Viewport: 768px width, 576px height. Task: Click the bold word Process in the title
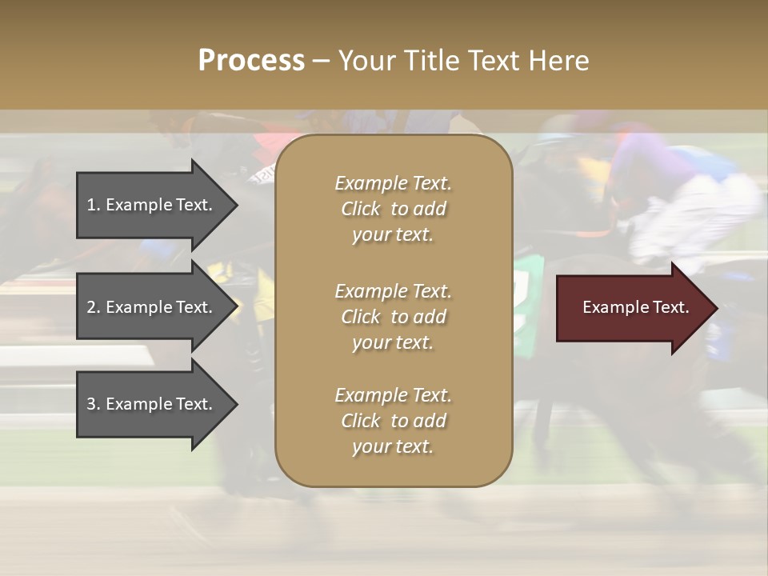(x=251, y=61)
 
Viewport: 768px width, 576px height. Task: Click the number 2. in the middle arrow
(x=93, y=307)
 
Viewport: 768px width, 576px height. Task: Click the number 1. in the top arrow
(x=93, y=205)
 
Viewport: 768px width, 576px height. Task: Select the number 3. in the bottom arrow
(x=93, y=404)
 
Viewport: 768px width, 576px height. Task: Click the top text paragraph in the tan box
(x=393, y=209)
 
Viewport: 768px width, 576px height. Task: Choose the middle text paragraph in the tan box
(x=393, y=317)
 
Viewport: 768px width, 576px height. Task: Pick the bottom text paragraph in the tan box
(x=393, y=421)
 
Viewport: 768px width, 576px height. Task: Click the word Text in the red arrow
(x=671, y=307)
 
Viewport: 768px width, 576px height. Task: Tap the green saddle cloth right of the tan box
(x=528, y=296)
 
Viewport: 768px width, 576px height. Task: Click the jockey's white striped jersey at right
(x=696, y=216)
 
